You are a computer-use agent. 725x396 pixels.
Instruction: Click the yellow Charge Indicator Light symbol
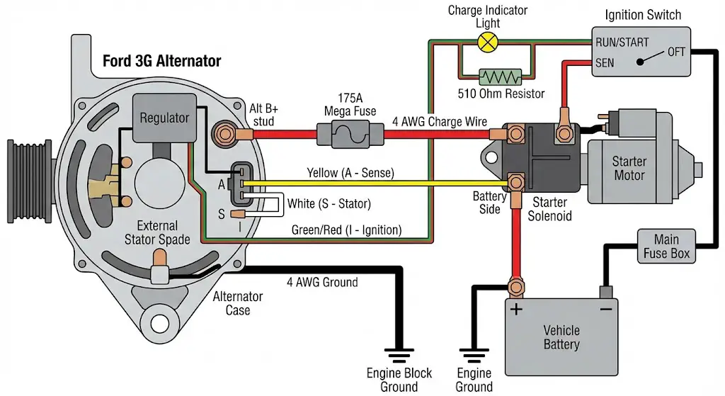pyautogui.click(x=486, y=42)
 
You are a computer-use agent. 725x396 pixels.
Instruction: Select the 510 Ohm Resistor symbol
pyautogui.click(x=500, y=76)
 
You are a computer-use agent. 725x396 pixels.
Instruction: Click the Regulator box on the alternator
pyautogui.click(x=164, y=118)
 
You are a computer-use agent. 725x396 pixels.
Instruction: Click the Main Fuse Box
pyautogui.click(x=666, y=246)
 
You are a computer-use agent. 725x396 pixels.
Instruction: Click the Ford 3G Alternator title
pyautogui.click(x=162, y=61)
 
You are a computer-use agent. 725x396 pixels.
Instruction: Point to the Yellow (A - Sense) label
pyautogui.click(x=350, y=172)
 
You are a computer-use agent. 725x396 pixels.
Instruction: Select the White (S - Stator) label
pyautogui.click(x=329, y=204)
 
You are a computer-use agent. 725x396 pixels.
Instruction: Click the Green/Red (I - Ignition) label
pyautogui.click(x=346, y=230)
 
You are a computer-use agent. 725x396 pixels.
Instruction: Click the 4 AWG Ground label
pyautogui.click(x=322, y=282)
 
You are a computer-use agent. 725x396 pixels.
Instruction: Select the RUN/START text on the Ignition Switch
pyautogui.click(x=622, y=43)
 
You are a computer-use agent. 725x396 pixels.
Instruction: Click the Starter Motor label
pyautogui.click(x=629, y=169)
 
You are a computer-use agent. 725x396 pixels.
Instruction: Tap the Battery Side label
pyautogui.click(x=489, y=203)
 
